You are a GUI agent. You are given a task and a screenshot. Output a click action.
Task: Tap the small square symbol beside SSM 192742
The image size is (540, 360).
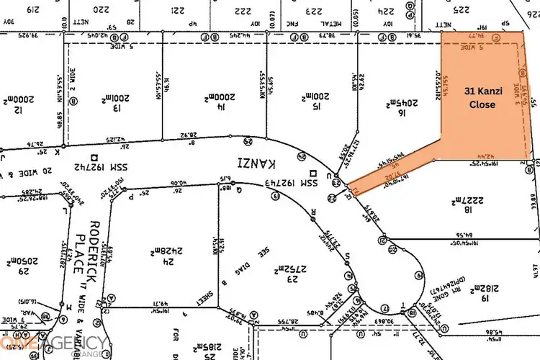pos(94,156)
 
